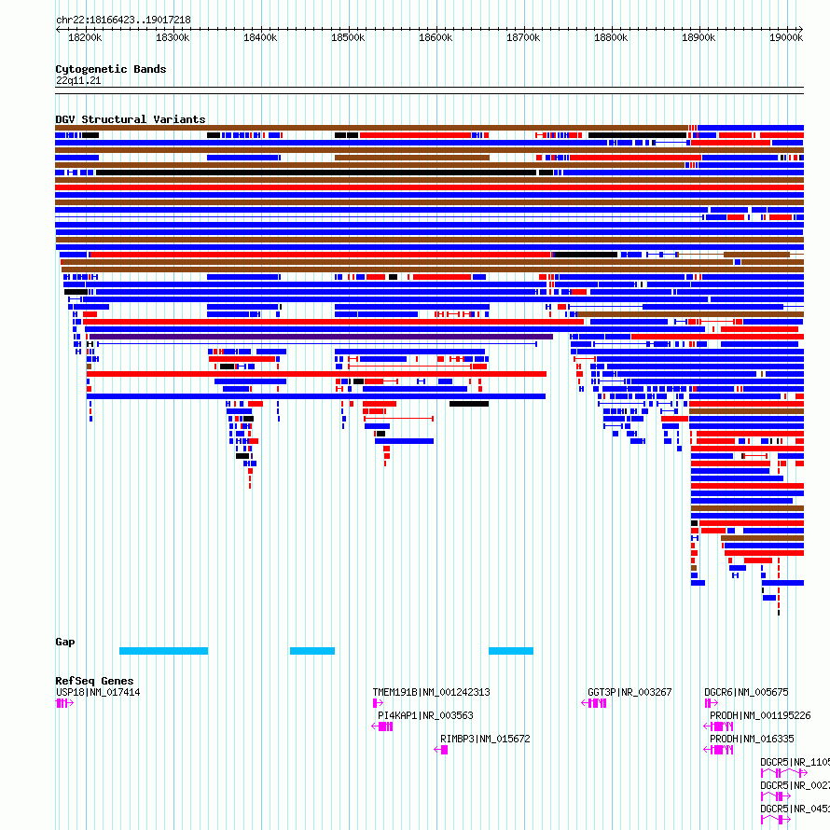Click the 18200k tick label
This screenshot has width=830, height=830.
coord(85,37)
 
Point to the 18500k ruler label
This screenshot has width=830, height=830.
coord(348,37)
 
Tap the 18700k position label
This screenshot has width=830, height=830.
coord(523,37)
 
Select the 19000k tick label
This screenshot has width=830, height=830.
coord(786,37)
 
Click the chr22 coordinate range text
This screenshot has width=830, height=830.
coord(123,20)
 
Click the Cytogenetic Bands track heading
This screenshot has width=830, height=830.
coord(110,69)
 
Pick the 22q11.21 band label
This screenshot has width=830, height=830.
coord(78,80)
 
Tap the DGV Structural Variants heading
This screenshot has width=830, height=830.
coord(130,119)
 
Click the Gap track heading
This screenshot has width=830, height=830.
coord(65,642)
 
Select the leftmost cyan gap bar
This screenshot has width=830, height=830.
coord(163,650)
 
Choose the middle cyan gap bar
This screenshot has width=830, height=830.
coord(311,650)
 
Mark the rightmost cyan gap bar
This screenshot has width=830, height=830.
coord(510,650)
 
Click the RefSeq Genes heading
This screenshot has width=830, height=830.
coord(94,681)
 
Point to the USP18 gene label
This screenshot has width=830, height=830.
coord(98,692)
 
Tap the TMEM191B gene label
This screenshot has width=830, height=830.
coord(431,692)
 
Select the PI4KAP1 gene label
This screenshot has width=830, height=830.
coord(425,715)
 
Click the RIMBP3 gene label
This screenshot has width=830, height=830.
coord(485,739)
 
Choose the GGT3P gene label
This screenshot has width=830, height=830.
coord(629,692)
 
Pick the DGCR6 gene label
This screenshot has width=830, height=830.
coord(746,692)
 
